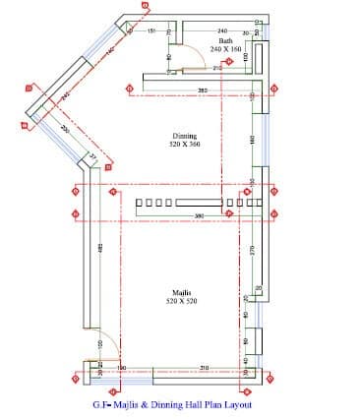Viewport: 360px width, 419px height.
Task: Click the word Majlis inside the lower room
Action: tap(181, 292)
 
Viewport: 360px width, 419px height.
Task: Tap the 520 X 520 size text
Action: tap(182, 301)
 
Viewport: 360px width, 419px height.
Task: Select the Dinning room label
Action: tap(184, 136)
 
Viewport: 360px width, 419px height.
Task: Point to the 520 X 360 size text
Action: tap(184, 145)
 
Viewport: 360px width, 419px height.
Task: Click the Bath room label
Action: tap(226, 40)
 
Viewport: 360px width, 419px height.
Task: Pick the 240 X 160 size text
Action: tap(226, 48)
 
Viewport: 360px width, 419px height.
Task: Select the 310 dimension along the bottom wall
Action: tap(204, 367)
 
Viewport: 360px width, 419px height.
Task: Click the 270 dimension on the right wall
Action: tap(252, 252)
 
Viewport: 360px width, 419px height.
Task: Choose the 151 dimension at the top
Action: tap(151, 31)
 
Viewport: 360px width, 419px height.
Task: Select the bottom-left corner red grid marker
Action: tap(76, 379)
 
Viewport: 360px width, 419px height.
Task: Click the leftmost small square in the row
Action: tap(139, 206)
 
